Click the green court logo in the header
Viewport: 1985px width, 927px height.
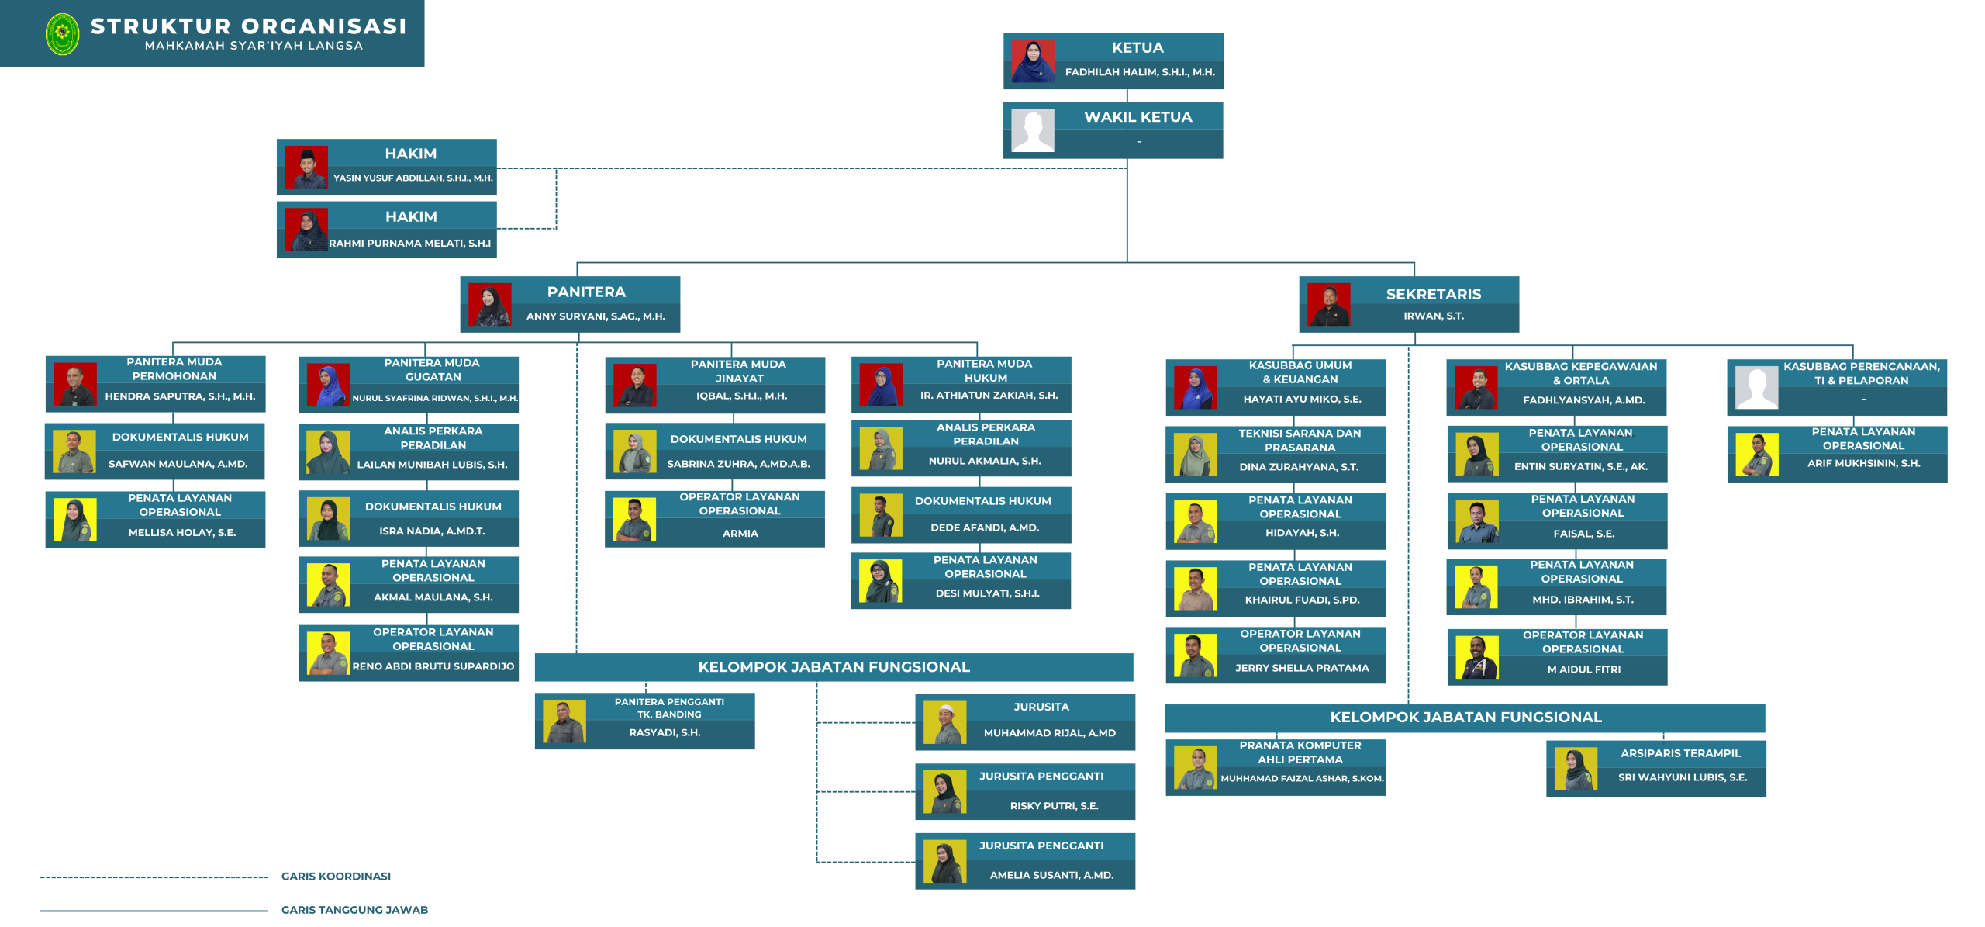pos(62,34)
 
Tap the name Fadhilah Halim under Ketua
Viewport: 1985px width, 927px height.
pos(1139,72)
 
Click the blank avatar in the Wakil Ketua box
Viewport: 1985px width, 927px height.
pos(1033,130)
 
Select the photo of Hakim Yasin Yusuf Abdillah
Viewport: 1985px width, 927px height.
pos(306,167)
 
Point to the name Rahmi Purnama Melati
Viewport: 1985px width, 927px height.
pos(409,243)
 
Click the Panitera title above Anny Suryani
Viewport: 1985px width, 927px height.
pos(586,292)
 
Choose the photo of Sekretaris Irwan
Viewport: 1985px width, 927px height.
pos(1328,304)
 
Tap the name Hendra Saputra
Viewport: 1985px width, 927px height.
pos(180,396)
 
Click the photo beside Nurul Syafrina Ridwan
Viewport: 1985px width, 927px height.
pos(328,386)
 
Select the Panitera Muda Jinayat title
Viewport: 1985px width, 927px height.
pos(738,371)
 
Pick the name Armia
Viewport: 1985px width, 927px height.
pos(740,534)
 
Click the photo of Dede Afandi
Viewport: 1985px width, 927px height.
pos(881,515)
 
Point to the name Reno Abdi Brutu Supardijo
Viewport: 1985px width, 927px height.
pos(433,666)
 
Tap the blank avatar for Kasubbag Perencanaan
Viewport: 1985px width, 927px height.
pos(1756,387)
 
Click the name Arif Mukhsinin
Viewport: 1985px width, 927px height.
pos(1863,463)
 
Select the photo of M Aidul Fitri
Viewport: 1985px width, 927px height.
pos(1476,658)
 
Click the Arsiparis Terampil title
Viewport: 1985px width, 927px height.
pos(1679,753)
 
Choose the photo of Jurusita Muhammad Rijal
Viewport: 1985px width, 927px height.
pos(944,722)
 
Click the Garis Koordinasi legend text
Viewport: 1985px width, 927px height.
pos(336,877)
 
